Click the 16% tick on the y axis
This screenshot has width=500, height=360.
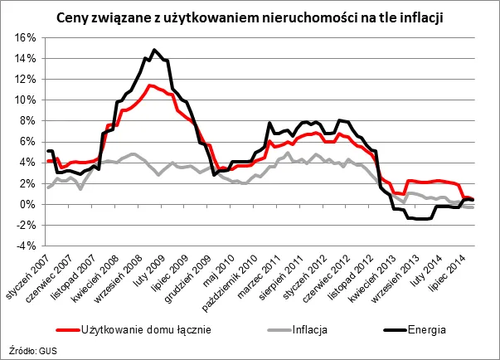25,37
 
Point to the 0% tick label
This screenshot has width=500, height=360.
27,204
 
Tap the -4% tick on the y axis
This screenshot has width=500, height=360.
26,246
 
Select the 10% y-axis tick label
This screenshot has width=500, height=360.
25,100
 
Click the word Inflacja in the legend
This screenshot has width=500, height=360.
308,329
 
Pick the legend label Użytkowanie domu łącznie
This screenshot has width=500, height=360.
147,329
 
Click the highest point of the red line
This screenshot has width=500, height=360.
148,85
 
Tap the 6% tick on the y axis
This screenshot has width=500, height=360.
27,141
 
